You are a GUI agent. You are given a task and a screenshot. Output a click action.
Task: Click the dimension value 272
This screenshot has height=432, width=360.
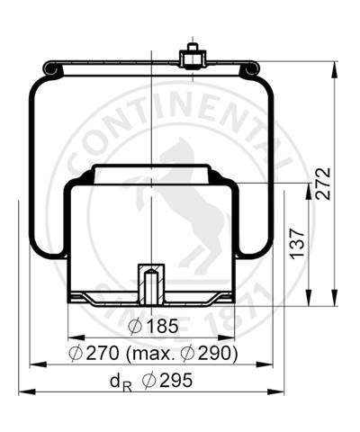[x=323, y=184]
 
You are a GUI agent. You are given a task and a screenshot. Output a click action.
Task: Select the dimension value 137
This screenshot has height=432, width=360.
[x=297, y=244]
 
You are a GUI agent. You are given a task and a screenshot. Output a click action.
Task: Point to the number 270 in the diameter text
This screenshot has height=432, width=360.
[x=103, y=353]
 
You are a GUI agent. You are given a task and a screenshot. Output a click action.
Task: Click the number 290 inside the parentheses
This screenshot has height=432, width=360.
[x=215, y=353]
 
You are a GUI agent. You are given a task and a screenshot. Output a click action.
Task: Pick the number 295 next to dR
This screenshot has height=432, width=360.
[x=176, y=380]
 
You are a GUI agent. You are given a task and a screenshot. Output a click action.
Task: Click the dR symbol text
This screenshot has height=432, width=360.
[x=121, y=382]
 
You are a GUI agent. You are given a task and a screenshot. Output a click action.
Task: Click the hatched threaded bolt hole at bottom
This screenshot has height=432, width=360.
[x=151, y=284]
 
